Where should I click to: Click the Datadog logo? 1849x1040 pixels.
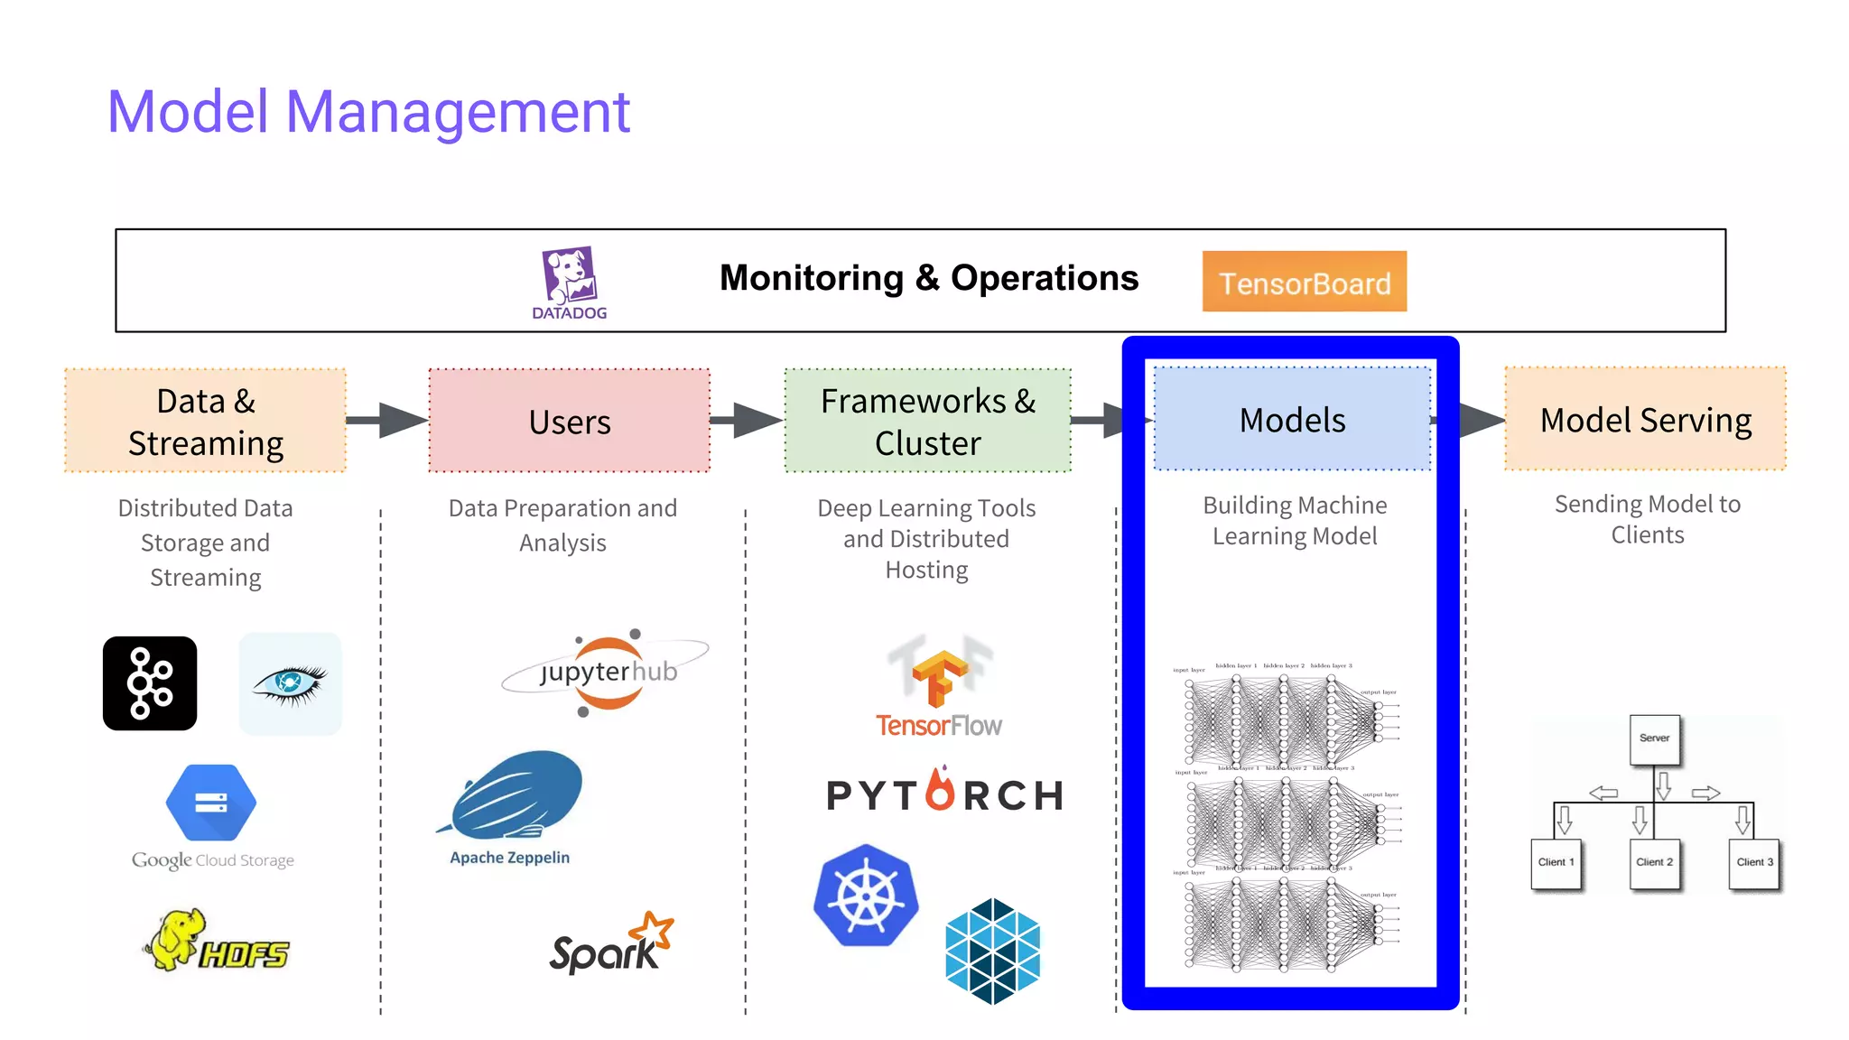click(x=570, y=282)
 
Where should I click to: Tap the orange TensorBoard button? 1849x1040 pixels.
click(x=1304, y=283)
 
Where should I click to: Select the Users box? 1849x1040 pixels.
click(x=569, y=421)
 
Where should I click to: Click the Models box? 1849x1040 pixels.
click(x=1292, y=419)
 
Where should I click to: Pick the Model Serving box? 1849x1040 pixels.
click(x=1645, y=419)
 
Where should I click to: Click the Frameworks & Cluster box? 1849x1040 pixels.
click(x=927, y=421)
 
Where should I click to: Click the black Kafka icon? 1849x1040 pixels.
click(x=150, y=683)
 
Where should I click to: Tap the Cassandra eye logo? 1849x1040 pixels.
click(x=290, y=683)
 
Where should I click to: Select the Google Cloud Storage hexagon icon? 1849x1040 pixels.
click(x=211, y=802)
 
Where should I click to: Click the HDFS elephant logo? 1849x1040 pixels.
click(x=217, y=941)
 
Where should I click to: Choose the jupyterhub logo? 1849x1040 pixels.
click(x=608, y=672)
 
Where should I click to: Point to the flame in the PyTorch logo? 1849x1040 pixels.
click(x=940, y=789)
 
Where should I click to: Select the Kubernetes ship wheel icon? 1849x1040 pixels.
click(x=866, y=896)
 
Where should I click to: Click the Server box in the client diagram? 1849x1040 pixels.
click(x=1654, y=738)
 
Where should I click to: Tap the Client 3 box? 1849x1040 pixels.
click(x=1753, y=862)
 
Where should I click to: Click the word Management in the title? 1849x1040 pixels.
click(x=457, y=112)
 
